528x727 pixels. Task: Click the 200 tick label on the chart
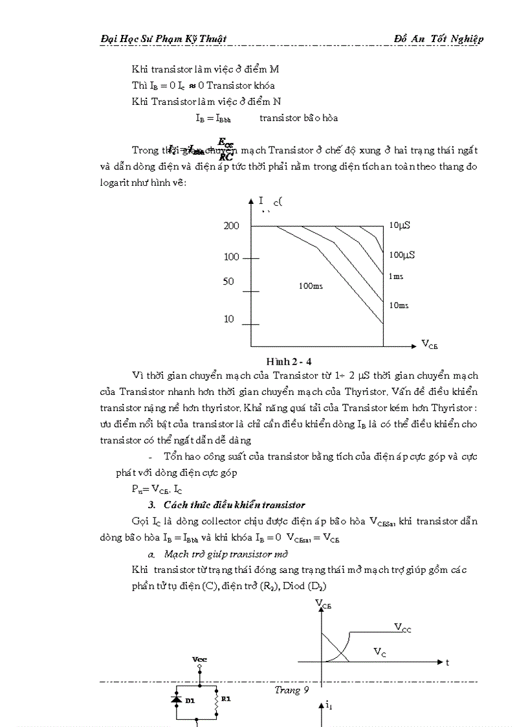[232, 226]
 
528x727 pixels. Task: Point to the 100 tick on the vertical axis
[232, 257]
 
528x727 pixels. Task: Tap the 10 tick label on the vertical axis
[228, 319]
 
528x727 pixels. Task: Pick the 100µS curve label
[402, 254]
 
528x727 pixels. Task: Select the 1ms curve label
[396, 276]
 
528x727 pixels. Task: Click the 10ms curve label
[399, 305]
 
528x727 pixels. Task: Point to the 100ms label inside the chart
[311, 285]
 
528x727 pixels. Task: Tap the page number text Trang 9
[287, 690]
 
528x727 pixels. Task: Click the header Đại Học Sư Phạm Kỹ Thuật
[164, 39]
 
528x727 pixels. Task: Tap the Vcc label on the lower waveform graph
[402, 627]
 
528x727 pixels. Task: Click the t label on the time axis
[446, 662]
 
